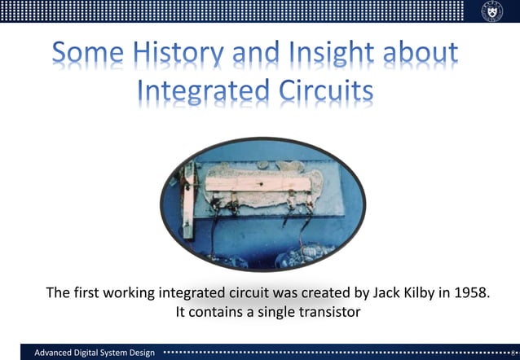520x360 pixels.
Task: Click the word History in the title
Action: point(174,55)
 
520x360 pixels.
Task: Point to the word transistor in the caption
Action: point(324,311)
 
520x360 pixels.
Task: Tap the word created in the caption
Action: point(311,292)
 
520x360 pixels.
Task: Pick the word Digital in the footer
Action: point(87,352)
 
